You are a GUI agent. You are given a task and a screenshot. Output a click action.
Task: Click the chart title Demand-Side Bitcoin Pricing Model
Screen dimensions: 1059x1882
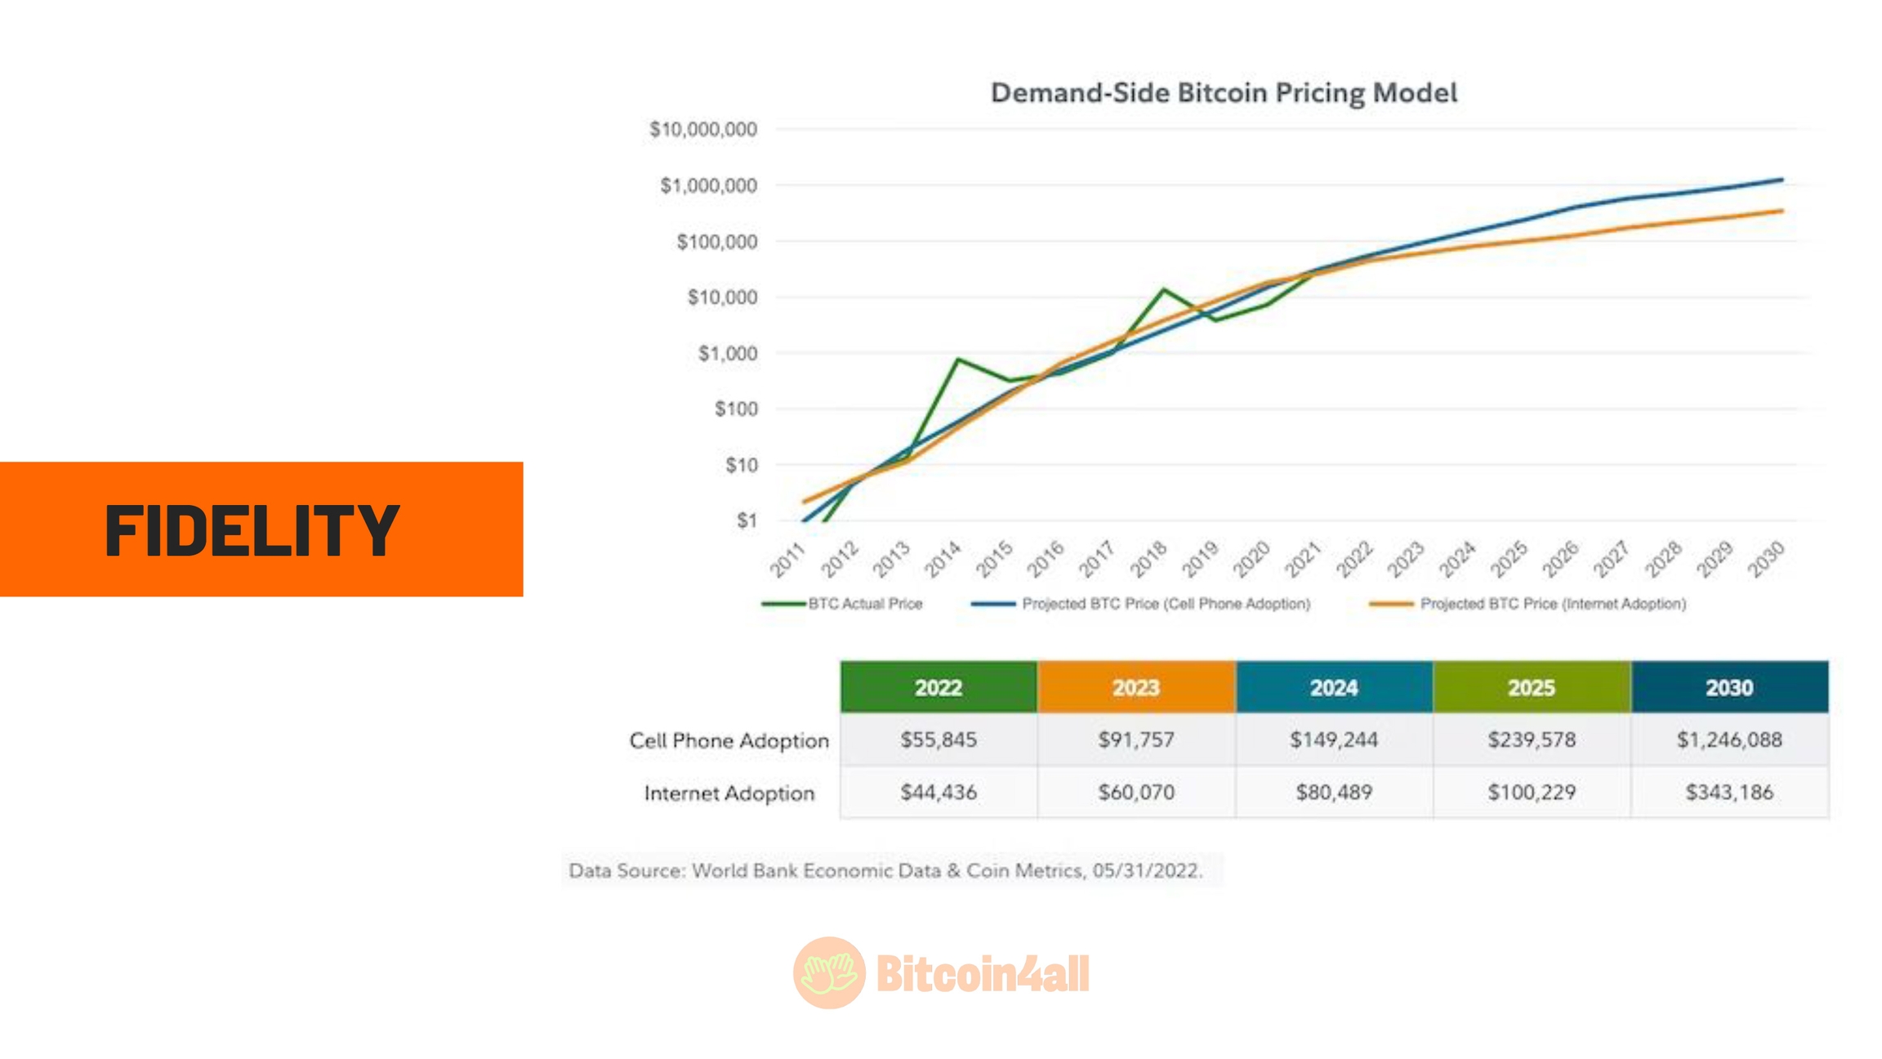click(1223, 93)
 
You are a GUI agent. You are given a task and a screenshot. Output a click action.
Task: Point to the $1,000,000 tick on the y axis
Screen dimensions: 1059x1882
click(708, 186)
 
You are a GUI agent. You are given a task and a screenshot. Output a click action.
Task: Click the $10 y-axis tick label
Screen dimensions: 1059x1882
click(741, 465)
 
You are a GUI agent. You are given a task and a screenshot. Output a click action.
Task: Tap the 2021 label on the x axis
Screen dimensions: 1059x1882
click(1302, 560)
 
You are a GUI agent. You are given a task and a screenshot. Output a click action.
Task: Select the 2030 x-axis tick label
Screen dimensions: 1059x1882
click(1766, 560)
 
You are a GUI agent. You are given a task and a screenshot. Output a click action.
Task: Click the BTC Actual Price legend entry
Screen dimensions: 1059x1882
click(864, 604)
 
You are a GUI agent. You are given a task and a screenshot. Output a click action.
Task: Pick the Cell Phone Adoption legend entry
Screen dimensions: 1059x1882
click(1165, 604)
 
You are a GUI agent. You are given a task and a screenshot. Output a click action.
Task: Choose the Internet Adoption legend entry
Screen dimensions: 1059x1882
click(1552, 604)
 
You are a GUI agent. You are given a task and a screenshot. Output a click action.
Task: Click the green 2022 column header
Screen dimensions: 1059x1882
click(939, 688)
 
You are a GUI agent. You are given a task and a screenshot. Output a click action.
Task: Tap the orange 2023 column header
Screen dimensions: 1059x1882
click(1136, 688)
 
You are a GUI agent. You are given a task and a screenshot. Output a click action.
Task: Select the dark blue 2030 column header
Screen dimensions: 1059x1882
click(1729, 688)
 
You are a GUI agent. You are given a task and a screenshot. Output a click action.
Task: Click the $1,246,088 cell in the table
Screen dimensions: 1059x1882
click(1729, 740)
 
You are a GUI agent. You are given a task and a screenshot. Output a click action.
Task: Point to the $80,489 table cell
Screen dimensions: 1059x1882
click(1334, 793)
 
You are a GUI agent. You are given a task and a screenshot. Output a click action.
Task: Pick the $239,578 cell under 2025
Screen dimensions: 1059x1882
click(1532, 740)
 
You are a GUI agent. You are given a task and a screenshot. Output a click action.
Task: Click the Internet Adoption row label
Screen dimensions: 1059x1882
click(729, 793)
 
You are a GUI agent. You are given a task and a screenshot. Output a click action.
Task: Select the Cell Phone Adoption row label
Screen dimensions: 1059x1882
click(729, 741)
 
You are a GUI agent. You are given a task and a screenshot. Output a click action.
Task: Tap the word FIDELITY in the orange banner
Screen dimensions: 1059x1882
click(252, 531)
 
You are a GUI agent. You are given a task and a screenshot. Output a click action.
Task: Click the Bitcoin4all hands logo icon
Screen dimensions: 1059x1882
click(828, 972)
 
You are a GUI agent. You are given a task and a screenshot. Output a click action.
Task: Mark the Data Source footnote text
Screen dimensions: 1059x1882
click(885, 871)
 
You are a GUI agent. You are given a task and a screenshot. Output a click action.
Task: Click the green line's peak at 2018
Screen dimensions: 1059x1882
click(1163, 289)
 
